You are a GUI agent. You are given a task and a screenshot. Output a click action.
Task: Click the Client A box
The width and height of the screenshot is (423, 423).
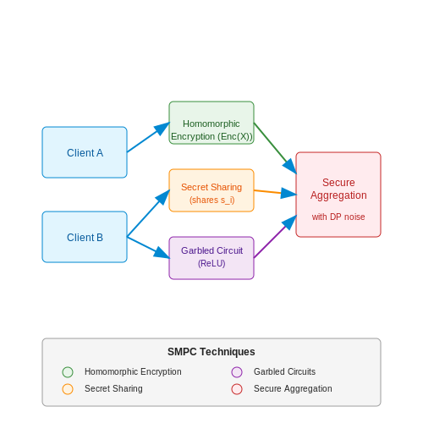point(85,152)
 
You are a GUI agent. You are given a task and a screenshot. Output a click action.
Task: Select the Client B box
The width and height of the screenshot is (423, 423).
point(85,237)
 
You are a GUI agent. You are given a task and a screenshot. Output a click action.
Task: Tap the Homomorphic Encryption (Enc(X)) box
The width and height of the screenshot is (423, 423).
point(211,123)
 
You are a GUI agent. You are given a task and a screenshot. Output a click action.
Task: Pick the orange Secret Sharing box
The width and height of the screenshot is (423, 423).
point(211,190)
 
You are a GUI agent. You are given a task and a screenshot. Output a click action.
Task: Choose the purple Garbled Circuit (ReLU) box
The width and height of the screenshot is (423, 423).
point(211,258)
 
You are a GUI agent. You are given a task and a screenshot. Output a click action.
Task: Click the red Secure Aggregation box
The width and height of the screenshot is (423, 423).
point(338,195)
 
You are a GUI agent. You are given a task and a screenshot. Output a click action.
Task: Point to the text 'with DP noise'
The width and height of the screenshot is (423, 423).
point(338,217)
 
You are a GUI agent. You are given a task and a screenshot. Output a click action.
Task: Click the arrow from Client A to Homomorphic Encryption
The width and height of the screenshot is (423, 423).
point(148,137)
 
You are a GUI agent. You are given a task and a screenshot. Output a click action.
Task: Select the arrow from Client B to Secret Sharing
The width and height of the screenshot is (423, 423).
point(148,213)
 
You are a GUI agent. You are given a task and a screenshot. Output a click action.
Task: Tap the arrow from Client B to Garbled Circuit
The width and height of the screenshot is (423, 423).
point(148,247)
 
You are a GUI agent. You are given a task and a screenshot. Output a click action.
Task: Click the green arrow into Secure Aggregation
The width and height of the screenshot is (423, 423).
point(275,148)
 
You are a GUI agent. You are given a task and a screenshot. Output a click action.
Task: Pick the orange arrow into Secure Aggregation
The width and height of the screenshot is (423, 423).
point(275,192)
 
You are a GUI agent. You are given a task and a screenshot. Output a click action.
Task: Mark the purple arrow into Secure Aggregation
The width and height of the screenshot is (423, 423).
point(275,236)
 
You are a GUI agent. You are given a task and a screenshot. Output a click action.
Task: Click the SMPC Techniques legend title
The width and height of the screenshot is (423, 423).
point(211,352)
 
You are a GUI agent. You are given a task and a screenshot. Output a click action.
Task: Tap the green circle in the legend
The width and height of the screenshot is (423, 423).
point(68,372)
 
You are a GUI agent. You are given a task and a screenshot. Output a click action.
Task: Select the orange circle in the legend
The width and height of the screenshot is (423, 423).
point(68,389)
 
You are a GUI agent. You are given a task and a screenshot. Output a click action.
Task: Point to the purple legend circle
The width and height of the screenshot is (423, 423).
point(237,372)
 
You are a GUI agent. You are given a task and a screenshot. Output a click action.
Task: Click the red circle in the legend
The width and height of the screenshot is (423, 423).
point(237,389)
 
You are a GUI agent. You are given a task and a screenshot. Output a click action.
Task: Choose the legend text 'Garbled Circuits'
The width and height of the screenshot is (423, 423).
point(284,371)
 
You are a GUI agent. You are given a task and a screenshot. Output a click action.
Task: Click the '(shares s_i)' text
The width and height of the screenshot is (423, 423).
point(212,200)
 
